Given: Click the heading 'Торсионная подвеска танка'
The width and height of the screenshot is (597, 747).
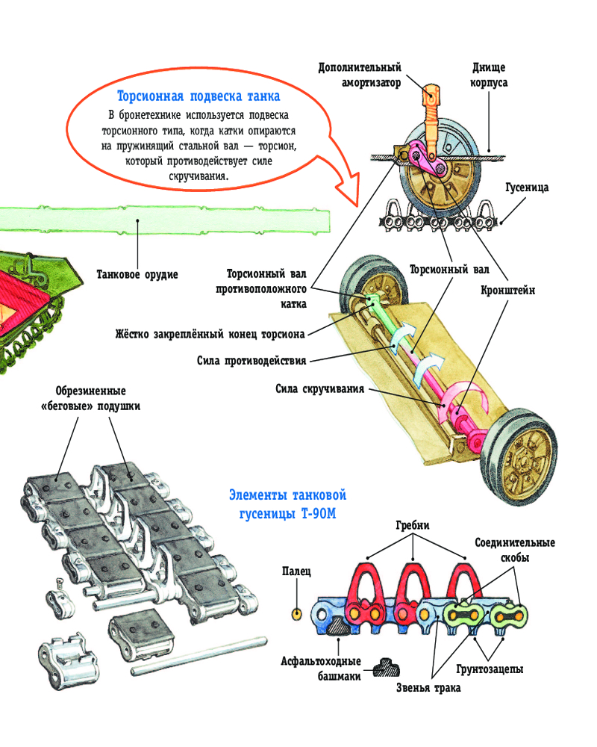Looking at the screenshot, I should click(x=199, y=96).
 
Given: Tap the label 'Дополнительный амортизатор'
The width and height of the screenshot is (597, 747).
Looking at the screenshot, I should click(x=360, y=75).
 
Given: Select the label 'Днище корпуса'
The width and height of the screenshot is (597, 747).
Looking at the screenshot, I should click(x=490, y=75).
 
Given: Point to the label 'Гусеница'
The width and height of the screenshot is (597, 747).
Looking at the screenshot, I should click(x=527, y=187).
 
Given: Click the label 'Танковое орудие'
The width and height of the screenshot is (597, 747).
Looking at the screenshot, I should click(x=137, y=274).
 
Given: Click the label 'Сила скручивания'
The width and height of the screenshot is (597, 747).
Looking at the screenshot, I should click(x=319, y=388).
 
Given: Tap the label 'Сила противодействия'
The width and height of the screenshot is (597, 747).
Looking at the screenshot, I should click(x=251, y=360).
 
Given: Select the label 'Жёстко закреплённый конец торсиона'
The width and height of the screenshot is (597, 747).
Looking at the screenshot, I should click(x=210, y=333).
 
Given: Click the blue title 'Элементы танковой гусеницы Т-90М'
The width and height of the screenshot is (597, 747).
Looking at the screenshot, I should click(x=288, y=503).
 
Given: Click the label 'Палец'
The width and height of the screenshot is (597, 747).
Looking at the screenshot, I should click(x=296, y=571).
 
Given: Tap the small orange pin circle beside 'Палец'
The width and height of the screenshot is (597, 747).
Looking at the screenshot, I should click(x=296, y=613).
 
